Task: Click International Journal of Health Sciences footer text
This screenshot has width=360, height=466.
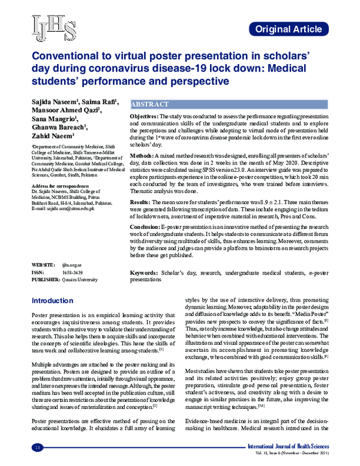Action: coord(293,447)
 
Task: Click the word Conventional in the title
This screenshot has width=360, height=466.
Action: coord(63,54)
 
